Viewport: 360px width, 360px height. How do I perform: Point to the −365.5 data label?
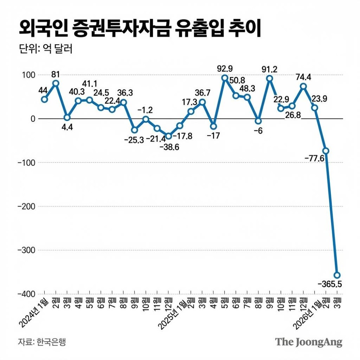[x=330, y=284]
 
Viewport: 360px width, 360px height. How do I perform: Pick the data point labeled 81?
[x=55, y=83]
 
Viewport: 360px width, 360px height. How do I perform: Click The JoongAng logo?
[x=309, y=342]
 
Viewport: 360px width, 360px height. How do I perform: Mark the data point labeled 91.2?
[x=269, y=78]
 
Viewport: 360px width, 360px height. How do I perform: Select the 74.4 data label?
[x=303, y=77]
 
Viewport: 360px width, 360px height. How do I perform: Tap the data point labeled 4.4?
[x=67, y=117]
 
